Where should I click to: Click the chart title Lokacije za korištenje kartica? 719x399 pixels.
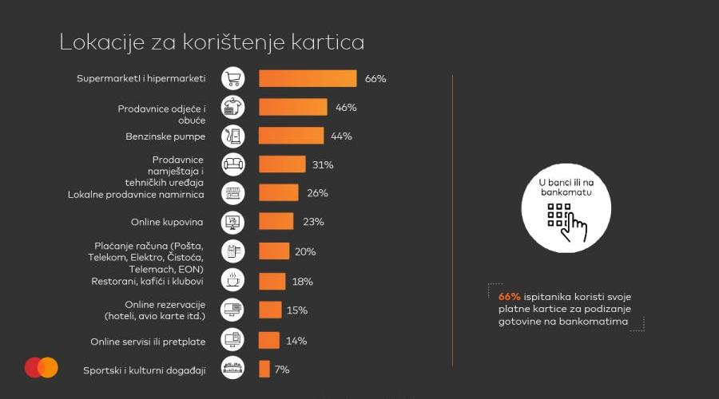(x=212, y=42)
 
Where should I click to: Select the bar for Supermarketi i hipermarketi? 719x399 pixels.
(x=308, y=78)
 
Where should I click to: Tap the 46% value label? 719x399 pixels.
(x=346, y=107)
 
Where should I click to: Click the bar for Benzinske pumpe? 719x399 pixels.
(x=292, y=136)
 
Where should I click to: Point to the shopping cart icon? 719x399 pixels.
(x=232, y=78)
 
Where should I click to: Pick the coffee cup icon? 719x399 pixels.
(x=232, y=281)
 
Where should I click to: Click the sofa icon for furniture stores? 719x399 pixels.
(x=232, y=164)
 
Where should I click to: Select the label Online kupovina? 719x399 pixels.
(x=167, y=221)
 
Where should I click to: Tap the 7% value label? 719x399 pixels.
(x=282, y=369)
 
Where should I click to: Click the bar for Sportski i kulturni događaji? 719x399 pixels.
(x=264, y=369)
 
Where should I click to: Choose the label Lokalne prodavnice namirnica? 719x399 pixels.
(x=136, y=194)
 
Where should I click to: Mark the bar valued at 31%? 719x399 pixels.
(x=282, y=164)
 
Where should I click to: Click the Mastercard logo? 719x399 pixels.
(x=41, y=367)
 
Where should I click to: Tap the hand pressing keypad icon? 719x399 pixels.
(x=566, y=221)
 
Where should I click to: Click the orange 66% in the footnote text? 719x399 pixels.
(x=509, y=297)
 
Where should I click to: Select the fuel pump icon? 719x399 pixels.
(x=232, y=136)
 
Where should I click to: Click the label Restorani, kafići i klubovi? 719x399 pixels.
(x=146, y=281)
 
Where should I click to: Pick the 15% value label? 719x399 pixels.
(x=297, y=310)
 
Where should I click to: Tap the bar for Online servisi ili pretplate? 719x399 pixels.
(x=269, y=340)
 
